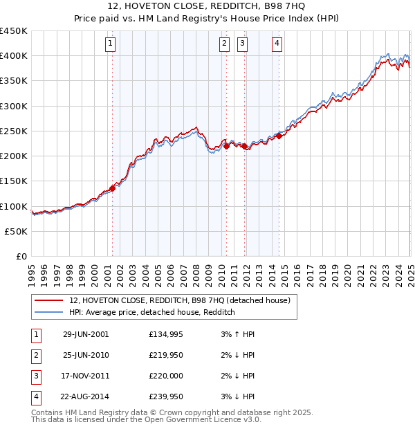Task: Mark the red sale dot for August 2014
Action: click(x=279, y=136)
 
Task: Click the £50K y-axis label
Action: click(x=17, y=232)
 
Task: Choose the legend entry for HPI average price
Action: click(x=152, y=313)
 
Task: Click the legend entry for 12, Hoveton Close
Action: click(x=183, y=301)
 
